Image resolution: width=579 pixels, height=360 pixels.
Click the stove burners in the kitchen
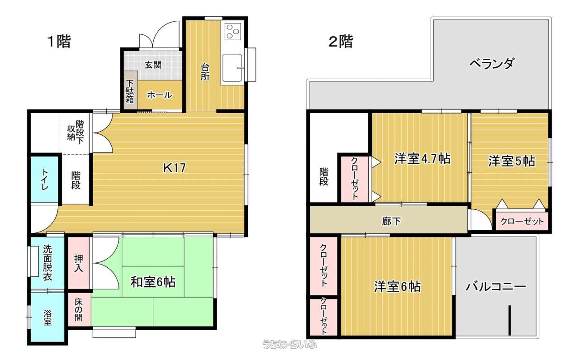point(233,31)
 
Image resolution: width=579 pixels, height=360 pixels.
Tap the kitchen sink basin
point(233,67)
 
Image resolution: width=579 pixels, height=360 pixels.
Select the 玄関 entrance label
point(153,65)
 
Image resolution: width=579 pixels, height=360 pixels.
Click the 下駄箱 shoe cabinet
point(130,90)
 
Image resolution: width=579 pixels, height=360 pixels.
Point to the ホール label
point(160,95)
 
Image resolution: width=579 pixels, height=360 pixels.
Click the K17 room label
point(175,168)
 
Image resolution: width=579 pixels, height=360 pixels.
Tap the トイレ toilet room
point(44,179)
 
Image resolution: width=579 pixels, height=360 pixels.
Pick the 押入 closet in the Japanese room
point(79,263)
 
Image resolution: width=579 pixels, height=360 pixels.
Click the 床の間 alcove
point(79,309)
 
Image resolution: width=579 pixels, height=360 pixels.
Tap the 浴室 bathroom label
point(47,317)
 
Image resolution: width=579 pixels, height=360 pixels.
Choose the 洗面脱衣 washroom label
point(47,263)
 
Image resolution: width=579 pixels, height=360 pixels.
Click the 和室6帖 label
point(153,282)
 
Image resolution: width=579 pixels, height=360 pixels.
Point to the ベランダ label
point(492,63)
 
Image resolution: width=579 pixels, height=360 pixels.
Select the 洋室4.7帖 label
point(422,159)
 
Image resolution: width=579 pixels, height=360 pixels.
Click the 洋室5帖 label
point(512,161)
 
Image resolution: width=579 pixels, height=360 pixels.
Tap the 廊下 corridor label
point(391,221)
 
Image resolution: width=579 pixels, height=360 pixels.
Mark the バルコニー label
point(496,287)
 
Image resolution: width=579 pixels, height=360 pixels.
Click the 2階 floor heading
point(341,41)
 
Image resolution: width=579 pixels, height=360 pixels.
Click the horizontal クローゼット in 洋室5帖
point(522,221)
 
